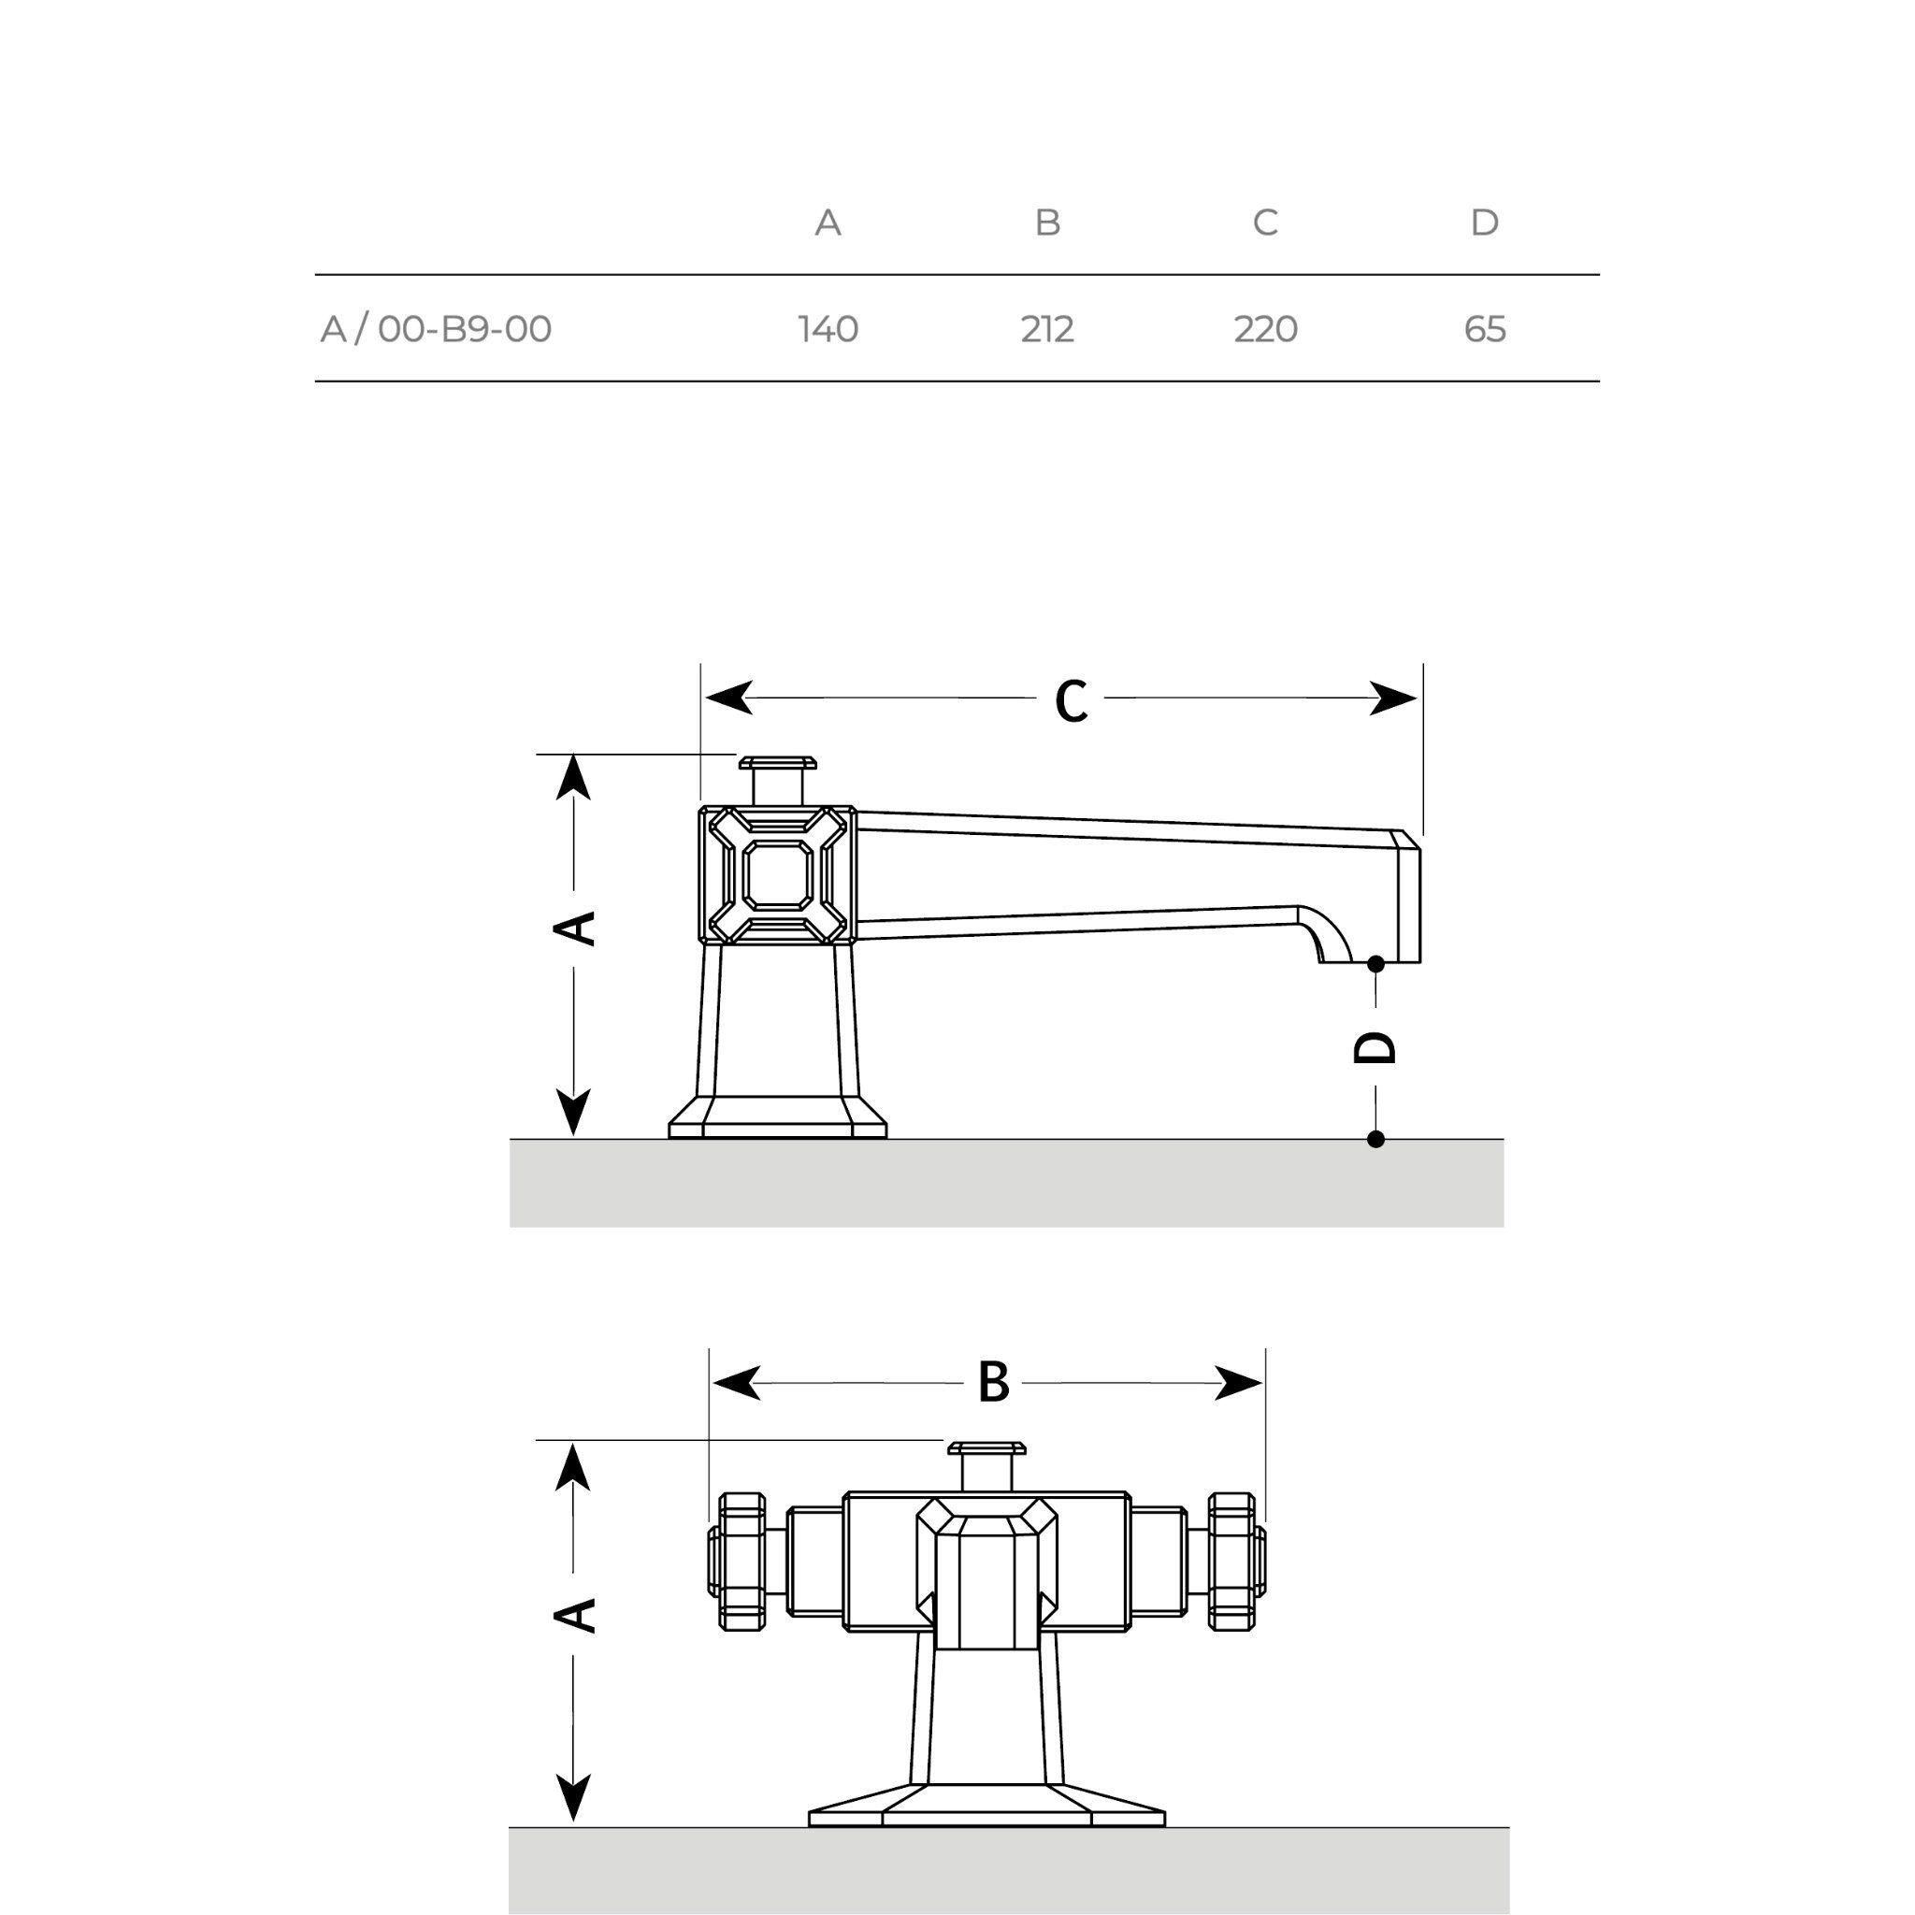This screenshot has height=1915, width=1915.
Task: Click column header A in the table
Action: (x=828, y=222)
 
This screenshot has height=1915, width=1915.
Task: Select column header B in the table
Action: (x=1047, y=222)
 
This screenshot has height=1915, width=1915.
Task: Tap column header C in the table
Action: (x=1265, y=222)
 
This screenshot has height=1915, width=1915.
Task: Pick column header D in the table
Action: (x=1484, y=222)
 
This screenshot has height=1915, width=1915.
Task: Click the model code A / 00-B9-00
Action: (x=436, y=329)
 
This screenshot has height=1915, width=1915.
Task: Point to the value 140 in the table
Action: (x=828, y=329)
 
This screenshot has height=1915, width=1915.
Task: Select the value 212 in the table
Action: (x=1047, y=329)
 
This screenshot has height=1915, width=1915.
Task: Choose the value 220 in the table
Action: (x=1266, y=329)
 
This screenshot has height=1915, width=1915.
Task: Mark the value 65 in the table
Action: (x=1485, y=329)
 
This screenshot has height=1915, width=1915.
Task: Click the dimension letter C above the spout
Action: (x=1071, y=700)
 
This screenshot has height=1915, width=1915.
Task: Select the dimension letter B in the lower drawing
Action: (x=993, y=1383)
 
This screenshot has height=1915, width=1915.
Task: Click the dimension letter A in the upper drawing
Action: (x=574, y=928)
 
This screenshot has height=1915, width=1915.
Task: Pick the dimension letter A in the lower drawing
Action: (x=574, y=1615)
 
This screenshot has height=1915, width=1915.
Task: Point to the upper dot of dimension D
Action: (x=1375, y=963)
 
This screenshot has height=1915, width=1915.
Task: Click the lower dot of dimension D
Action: (x=1375, y=1140)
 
